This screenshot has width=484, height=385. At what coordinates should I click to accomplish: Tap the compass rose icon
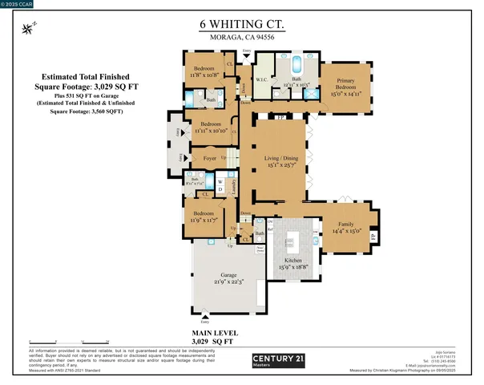coord(30,29)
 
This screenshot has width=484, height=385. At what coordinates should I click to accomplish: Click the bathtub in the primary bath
coord(296,63)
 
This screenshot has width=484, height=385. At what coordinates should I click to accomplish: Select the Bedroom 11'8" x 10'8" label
coord(205,71)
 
